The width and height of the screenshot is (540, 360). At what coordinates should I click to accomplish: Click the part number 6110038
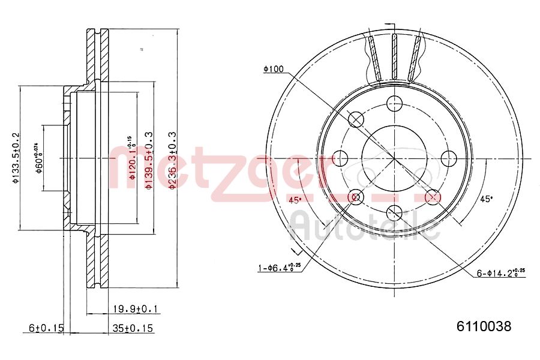[484, 327]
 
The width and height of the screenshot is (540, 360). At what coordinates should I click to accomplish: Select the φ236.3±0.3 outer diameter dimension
[172, 161]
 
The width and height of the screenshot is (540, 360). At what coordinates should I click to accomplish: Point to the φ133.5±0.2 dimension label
[16, 158]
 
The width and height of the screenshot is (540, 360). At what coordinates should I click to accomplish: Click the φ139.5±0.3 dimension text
[149, 161]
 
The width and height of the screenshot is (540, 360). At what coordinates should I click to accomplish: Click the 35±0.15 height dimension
[134, 328]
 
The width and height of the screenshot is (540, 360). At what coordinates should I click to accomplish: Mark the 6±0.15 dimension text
[47, 328]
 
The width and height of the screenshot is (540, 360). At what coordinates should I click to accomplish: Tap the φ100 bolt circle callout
[273, 70]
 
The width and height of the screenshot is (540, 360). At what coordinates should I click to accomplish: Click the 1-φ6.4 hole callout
[280, 268]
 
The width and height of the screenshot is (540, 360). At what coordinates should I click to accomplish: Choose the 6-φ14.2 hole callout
[500, 273]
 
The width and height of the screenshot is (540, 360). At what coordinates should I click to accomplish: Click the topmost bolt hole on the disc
[394, 103]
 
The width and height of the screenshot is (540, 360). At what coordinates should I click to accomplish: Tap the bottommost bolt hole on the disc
[394, 212]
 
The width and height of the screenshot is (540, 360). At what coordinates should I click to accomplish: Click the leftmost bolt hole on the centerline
[340, 158]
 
